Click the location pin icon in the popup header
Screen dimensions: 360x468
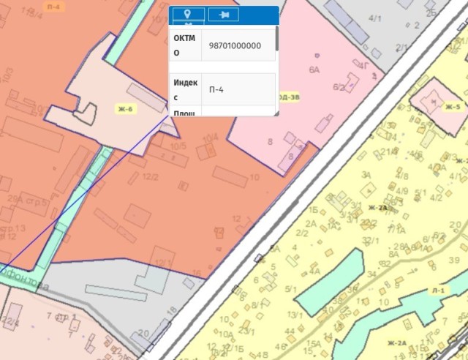188,15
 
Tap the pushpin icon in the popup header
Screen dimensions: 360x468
223,15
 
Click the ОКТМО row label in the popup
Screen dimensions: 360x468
185,45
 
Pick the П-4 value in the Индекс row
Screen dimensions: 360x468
216,89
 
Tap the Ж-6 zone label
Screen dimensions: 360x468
126,109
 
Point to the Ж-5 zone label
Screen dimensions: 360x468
452,107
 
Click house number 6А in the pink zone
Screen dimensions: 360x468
314,70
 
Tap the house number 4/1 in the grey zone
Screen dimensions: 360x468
376,37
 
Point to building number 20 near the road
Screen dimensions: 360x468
143,333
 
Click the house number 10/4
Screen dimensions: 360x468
211,137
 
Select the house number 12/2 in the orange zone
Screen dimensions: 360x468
151,176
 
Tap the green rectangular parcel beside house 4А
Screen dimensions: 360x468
329,280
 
